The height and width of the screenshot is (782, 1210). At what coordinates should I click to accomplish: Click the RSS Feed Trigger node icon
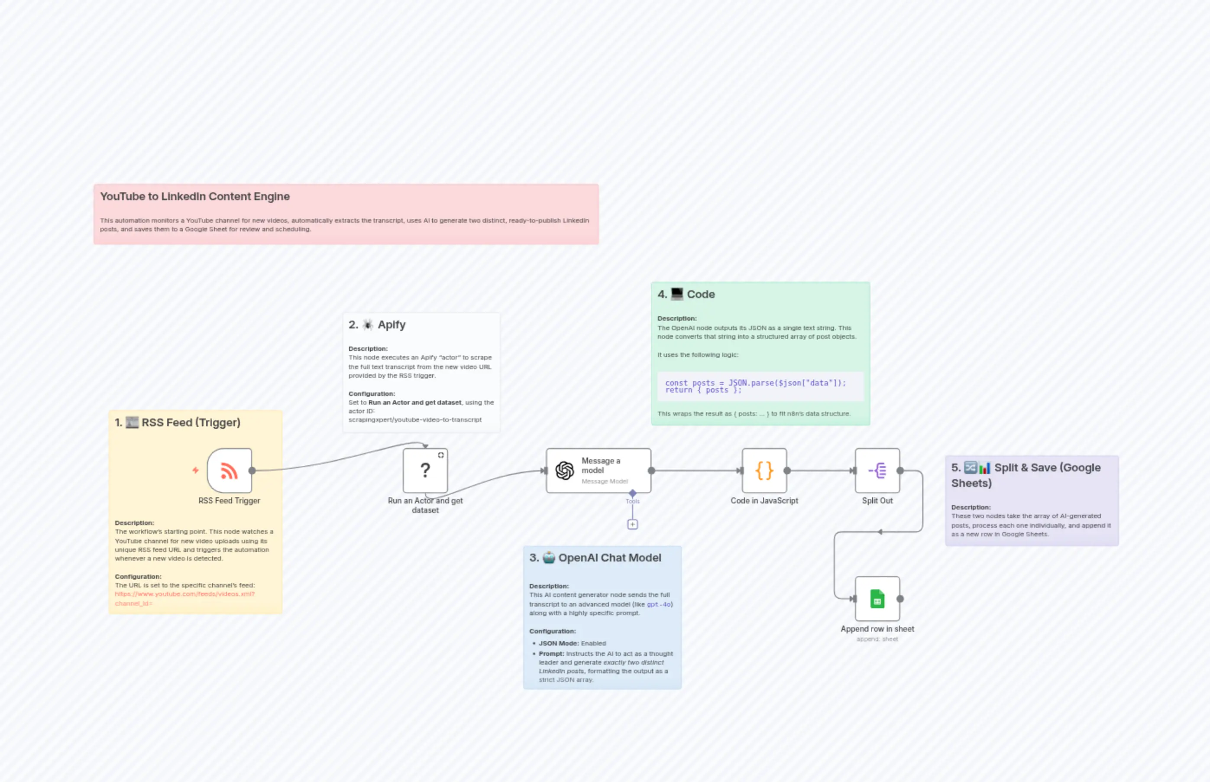tap(230, 471)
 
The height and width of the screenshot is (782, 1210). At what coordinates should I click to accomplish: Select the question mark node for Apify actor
tap(425, 471)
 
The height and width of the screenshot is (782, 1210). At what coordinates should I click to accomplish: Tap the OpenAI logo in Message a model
tap(564, 471)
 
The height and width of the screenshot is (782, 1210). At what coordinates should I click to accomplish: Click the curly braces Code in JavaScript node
tap(764, 471)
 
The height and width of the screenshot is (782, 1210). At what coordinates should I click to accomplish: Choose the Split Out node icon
tap(877, 471)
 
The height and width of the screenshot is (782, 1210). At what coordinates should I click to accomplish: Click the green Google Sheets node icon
tap(877, 599)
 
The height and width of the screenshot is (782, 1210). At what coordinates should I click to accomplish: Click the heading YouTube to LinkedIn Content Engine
tap(195, 197)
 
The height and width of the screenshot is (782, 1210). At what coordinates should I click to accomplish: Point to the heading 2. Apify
tap(377, 325)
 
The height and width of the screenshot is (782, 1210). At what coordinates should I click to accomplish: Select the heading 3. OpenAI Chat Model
tap(595, 558)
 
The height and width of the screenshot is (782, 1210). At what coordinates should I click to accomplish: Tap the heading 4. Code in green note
tap(686, 295)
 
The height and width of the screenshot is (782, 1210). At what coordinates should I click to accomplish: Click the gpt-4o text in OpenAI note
tap(659, 604)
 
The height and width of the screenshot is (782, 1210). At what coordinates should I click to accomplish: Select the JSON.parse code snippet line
tap(755, 383)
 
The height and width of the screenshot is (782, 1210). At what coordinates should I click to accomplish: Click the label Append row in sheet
tap(877, 629)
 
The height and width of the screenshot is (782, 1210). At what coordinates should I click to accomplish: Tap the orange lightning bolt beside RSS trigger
tap(195, 471)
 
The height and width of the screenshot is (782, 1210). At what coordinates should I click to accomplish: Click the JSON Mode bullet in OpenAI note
tap(572, 643)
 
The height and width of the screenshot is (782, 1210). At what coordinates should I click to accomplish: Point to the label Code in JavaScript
tap(764, 501)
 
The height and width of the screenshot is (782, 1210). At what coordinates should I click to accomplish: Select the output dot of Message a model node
tap(652, 471)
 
